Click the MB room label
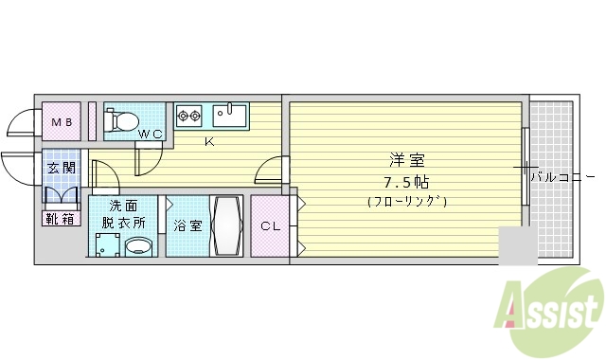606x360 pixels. tap(62, 122)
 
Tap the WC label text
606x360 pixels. tap(151, 135)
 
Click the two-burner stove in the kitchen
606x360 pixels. tap(189, 117)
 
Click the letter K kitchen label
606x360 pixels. tap(210, 142)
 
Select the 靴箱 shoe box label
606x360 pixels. tap(60, 220)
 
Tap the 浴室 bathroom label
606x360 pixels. tap(187, 225)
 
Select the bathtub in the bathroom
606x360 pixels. tap(227, 225)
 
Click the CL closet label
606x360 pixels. tap(271, 226)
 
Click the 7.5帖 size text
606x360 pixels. tap(404, 180)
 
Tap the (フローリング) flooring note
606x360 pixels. tap(405, 201)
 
